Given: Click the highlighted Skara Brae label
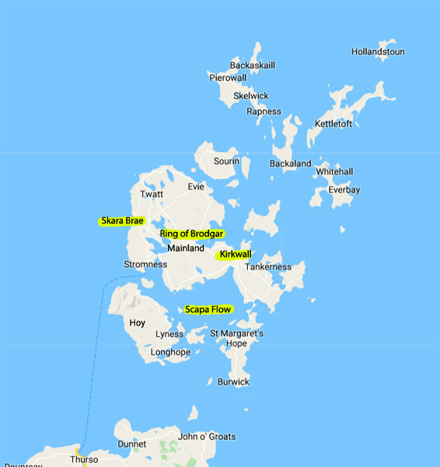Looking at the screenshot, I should [122, 221].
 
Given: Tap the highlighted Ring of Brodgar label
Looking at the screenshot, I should [191, 233].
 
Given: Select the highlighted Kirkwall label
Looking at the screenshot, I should [235, 255].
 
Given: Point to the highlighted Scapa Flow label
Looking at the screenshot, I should [208, 310].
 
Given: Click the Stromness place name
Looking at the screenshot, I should [145, 265].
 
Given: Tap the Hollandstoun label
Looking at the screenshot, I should [378, 52].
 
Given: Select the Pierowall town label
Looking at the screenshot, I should [228, 78].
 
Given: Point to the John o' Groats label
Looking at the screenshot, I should [207, 437].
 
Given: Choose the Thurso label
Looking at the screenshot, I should [84, 459].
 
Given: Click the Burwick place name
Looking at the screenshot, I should [233, 382].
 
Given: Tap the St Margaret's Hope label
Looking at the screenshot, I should [238, 339].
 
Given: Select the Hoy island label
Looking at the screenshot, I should [137, 322].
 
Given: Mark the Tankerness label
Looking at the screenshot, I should [268, 267].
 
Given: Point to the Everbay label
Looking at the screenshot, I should [344, 189].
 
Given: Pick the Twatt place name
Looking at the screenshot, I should [152, 195].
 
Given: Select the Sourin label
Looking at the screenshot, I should [226, 162].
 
